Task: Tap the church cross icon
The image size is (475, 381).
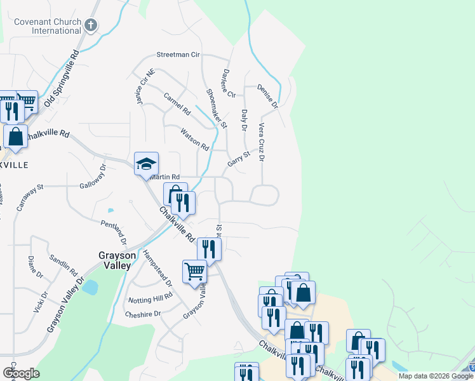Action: point(91,25)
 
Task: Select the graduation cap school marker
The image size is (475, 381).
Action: point(146,164)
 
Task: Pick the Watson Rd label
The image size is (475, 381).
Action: point(194,140)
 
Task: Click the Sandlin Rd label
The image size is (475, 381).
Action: point(64,264)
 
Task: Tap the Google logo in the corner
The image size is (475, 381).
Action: point(21,373)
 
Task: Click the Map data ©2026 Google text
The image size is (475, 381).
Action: point(435,376)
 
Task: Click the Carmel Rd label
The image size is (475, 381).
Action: point(177,104)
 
